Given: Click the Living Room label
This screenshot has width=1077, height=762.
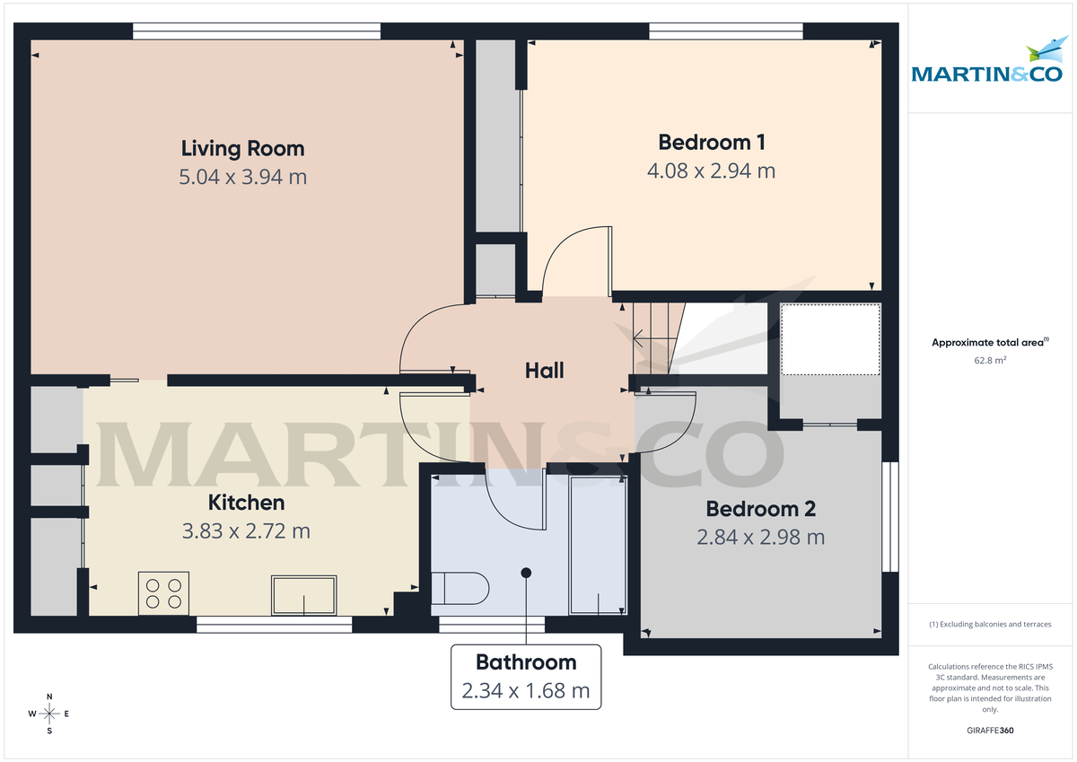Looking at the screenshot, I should (242, 148).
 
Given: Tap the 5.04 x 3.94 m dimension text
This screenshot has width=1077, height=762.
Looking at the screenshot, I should (242, 177).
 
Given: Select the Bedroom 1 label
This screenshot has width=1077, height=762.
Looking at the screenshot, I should (711, 142).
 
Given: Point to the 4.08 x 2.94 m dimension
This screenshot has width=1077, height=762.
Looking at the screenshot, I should (711, 170).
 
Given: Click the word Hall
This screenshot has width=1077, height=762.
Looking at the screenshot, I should (544, 370).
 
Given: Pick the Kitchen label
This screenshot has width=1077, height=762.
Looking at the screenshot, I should (246, 503).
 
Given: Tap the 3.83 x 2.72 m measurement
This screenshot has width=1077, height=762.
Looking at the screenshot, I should (246, 531).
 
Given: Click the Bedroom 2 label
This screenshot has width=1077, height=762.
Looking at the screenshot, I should (760, 509).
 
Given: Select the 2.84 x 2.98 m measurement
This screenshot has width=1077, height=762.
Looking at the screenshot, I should (760, 538).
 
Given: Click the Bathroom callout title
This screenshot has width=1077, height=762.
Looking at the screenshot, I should (526, 662).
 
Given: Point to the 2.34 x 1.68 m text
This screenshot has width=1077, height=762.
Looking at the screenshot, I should (526, 691).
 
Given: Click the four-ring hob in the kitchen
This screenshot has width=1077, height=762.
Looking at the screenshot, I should (163, 592).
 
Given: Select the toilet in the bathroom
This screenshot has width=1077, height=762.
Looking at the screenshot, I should (460, 589).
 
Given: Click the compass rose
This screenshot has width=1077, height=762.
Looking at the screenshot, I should (49, 714).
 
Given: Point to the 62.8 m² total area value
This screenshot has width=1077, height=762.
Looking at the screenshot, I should (990, 361).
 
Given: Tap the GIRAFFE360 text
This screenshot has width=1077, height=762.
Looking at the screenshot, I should (991, 731).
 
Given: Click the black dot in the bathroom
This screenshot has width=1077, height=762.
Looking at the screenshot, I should (526, 573).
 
